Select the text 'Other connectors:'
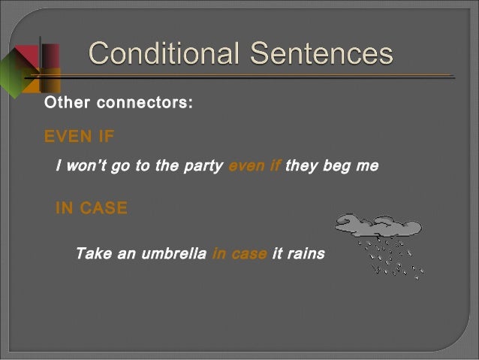[119, 103]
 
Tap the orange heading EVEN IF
[80, 137]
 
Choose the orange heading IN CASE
[92, 208]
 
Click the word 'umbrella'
[173, 254]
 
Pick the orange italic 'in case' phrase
[239, 254]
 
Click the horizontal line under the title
[255, 76]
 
